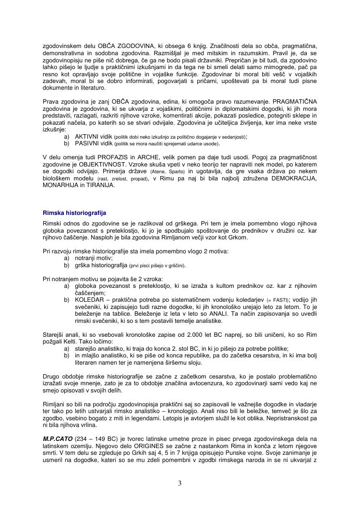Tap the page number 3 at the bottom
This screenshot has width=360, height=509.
(x=180, y=483)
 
